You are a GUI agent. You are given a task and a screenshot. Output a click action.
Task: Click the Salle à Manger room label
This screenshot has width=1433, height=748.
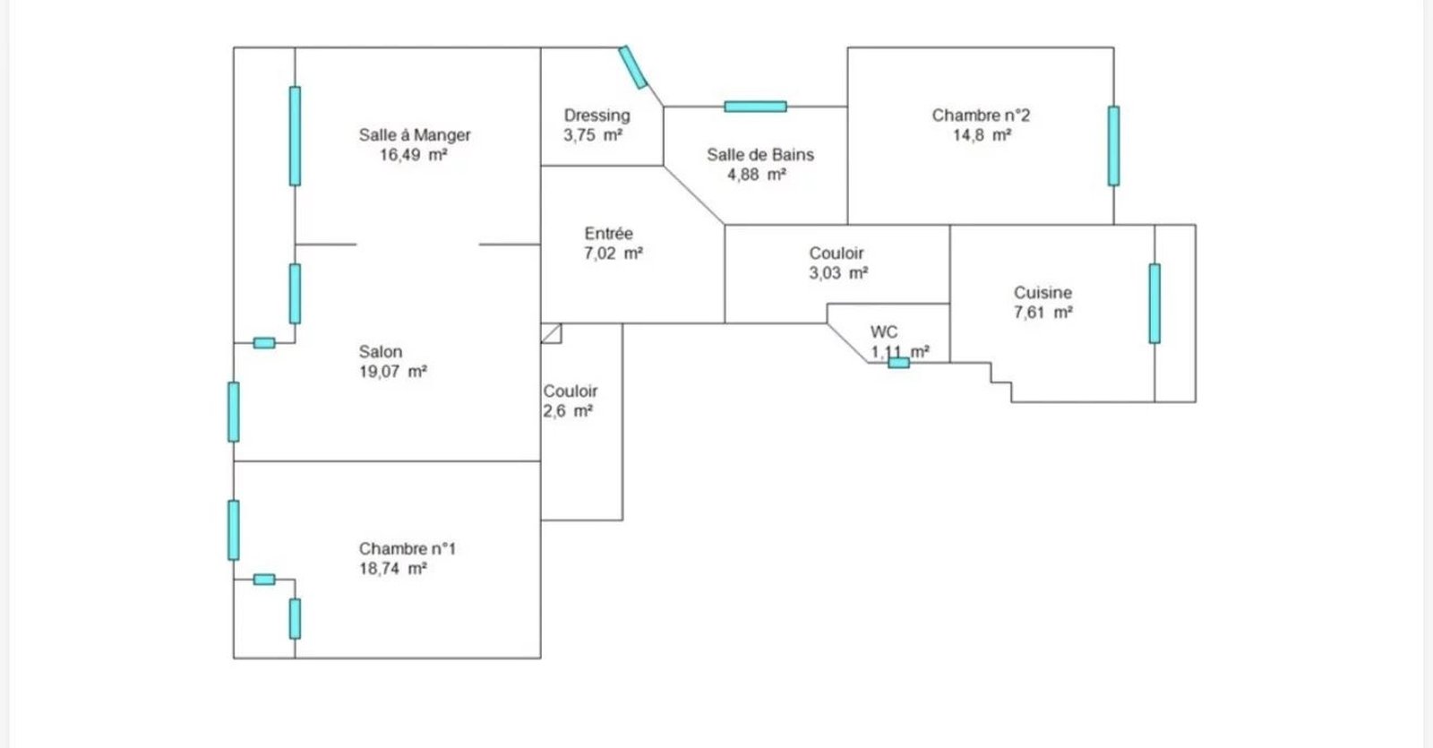pos(415,135)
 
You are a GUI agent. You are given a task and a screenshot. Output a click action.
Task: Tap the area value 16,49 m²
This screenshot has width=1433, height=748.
pos(413,155)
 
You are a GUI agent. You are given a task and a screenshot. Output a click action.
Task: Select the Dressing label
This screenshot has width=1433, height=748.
pos(596,116)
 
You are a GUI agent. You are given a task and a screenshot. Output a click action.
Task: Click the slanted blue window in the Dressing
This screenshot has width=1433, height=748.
pos(632,67)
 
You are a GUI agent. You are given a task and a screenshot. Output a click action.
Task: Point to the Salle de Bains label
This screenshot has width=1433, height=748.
pos(760,155)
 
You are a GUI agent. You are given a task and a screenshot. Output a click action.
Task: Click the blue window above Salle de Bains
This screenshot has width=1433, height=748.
pos(756,107)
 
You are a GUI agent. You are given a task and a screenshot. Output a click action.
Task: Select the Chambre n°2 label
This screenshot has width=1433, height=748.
pos(981,116)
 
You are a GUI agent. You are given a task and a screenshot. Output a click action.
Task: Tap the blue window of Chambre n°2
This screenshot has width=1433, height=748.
pos(1114,146)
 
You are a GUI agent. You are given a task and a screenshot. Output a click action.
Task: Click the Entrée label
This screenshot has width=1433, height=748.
pos(608,234)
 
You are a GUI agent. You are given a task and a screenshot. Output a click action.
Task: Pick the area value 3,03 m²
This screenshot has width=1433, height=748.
pos(838,273)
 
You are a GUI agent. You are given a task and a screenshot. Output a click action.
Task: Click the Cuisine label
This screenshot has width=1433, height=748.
pos(1043,293)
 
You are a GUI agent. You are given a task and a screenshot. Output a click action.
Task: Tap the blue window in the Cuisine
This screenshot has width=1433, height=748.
pos(1154,304)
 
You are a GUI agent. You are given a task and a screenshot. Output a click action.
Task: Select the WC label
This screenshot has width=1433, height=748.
pos(884,332)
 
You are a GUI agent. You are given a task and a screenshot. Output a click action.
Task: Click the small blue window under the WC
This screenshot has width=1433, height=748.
pos(899,363)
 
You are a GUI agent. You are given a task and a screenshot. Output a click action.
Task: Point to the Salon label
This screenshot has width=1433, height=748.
pos(381,352)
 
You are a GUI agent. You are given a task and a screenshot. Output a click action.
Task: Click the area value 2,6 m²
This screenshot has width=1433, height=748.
pos(568,411)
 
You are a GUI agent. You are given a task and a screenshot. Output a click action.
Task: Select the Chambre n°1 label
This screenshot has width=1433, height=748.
pos(407,549)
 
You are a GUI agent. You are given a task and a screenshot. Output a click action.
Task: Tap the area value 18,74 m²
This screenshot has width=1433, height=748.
pos(393,569)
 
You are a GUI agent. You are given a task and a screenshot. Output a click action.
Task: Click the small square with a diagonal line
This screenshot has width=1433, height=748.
pos(552,333)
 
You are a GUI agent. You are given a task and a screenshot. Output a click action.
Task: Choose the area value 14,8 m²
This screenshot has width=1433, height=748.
pos(982,135)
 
